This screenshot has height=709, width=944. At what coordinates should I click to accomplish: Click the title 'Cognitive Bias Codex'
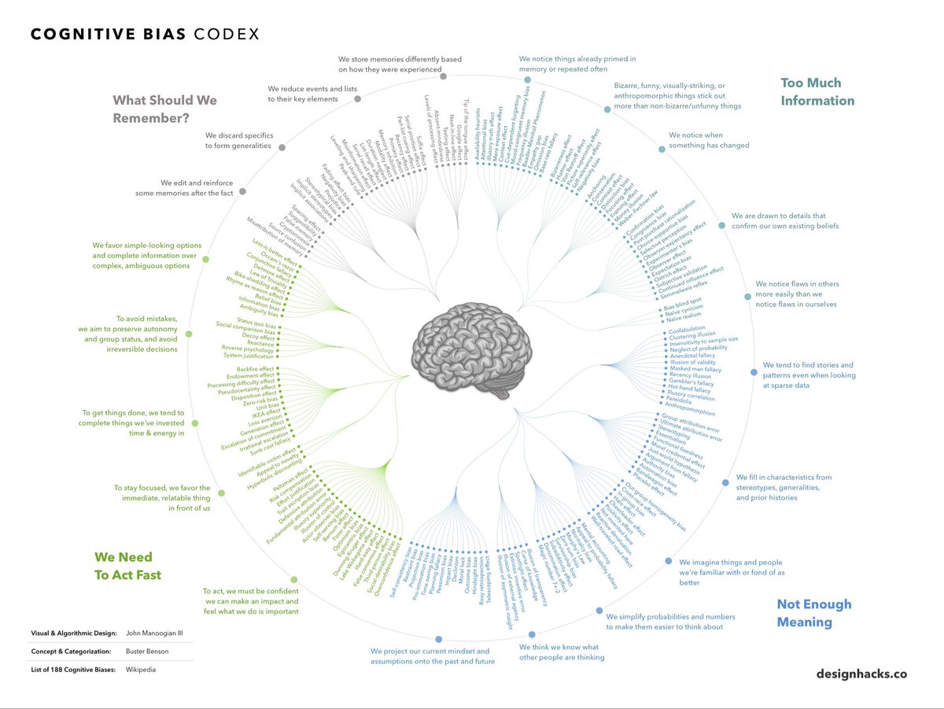145,35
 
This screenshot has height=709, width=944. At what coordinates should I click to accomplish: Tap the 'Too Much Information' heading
817,91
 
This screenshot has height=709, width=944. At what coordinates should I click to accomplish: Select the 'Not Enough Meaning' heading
814,613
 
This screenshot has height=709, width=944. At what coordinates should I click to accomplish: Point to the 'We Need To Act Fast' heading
127,566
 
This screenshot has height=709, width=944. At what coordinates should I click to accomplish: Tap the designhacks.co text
861,674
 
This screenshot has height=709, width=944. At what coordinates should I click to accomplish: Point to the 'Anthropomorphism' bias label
690,412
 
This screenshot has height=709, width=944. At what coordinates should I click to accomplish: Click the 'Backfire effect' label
255,369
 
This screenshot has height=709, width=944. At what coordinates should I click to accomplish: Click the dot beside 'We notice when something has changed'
660,148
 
